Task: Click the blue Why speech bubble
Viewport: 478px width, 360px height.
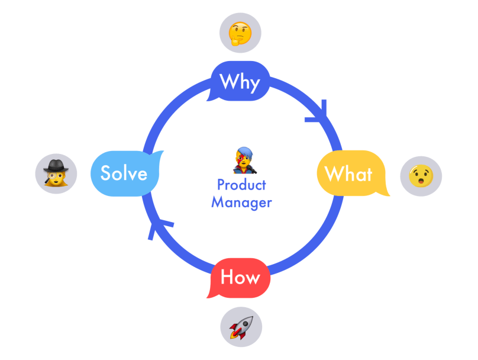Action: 240,81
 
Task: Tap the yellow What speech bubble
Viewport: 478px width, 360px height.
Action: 349,173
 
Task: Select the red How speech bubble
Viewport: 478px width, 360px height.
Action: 240,277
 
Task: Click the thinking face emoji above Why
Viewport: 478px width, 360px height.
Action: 240,34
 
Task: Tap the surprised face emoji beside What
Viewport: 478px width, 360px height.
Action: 421,176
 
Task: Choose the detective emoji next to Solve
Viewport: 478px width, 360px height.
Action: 57,173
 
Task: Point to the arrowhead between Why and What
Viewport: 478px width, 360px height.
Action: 319,114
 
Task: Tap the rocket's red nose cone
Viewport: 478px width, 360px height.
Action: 250,319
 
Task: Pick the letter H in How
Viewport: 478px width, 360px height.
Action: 227,277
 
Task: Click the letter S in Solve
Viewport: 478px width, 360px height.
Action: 106,173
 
